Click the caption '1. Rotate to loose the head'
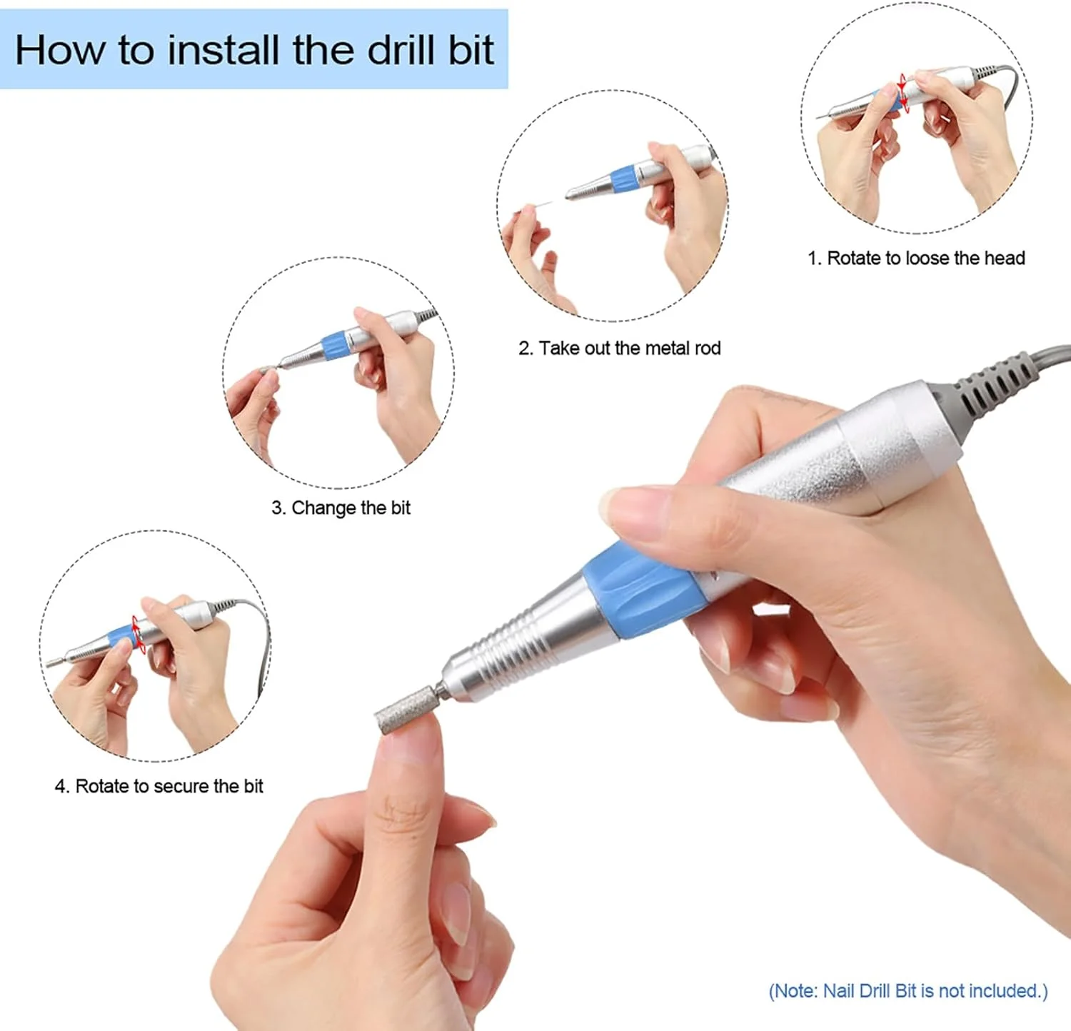[x=916, y=258]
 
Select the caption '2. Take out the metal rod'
[x=620, y=348]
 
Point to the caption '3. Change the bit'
[x=341, y=508]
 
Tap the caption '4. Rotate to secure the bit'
[x=159, y=786]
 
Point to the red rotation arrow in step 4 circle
[x=139, y=634]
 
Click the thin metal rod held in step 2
[x=539, y=206]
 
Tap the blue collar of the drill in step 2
[x=623, y=178]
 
